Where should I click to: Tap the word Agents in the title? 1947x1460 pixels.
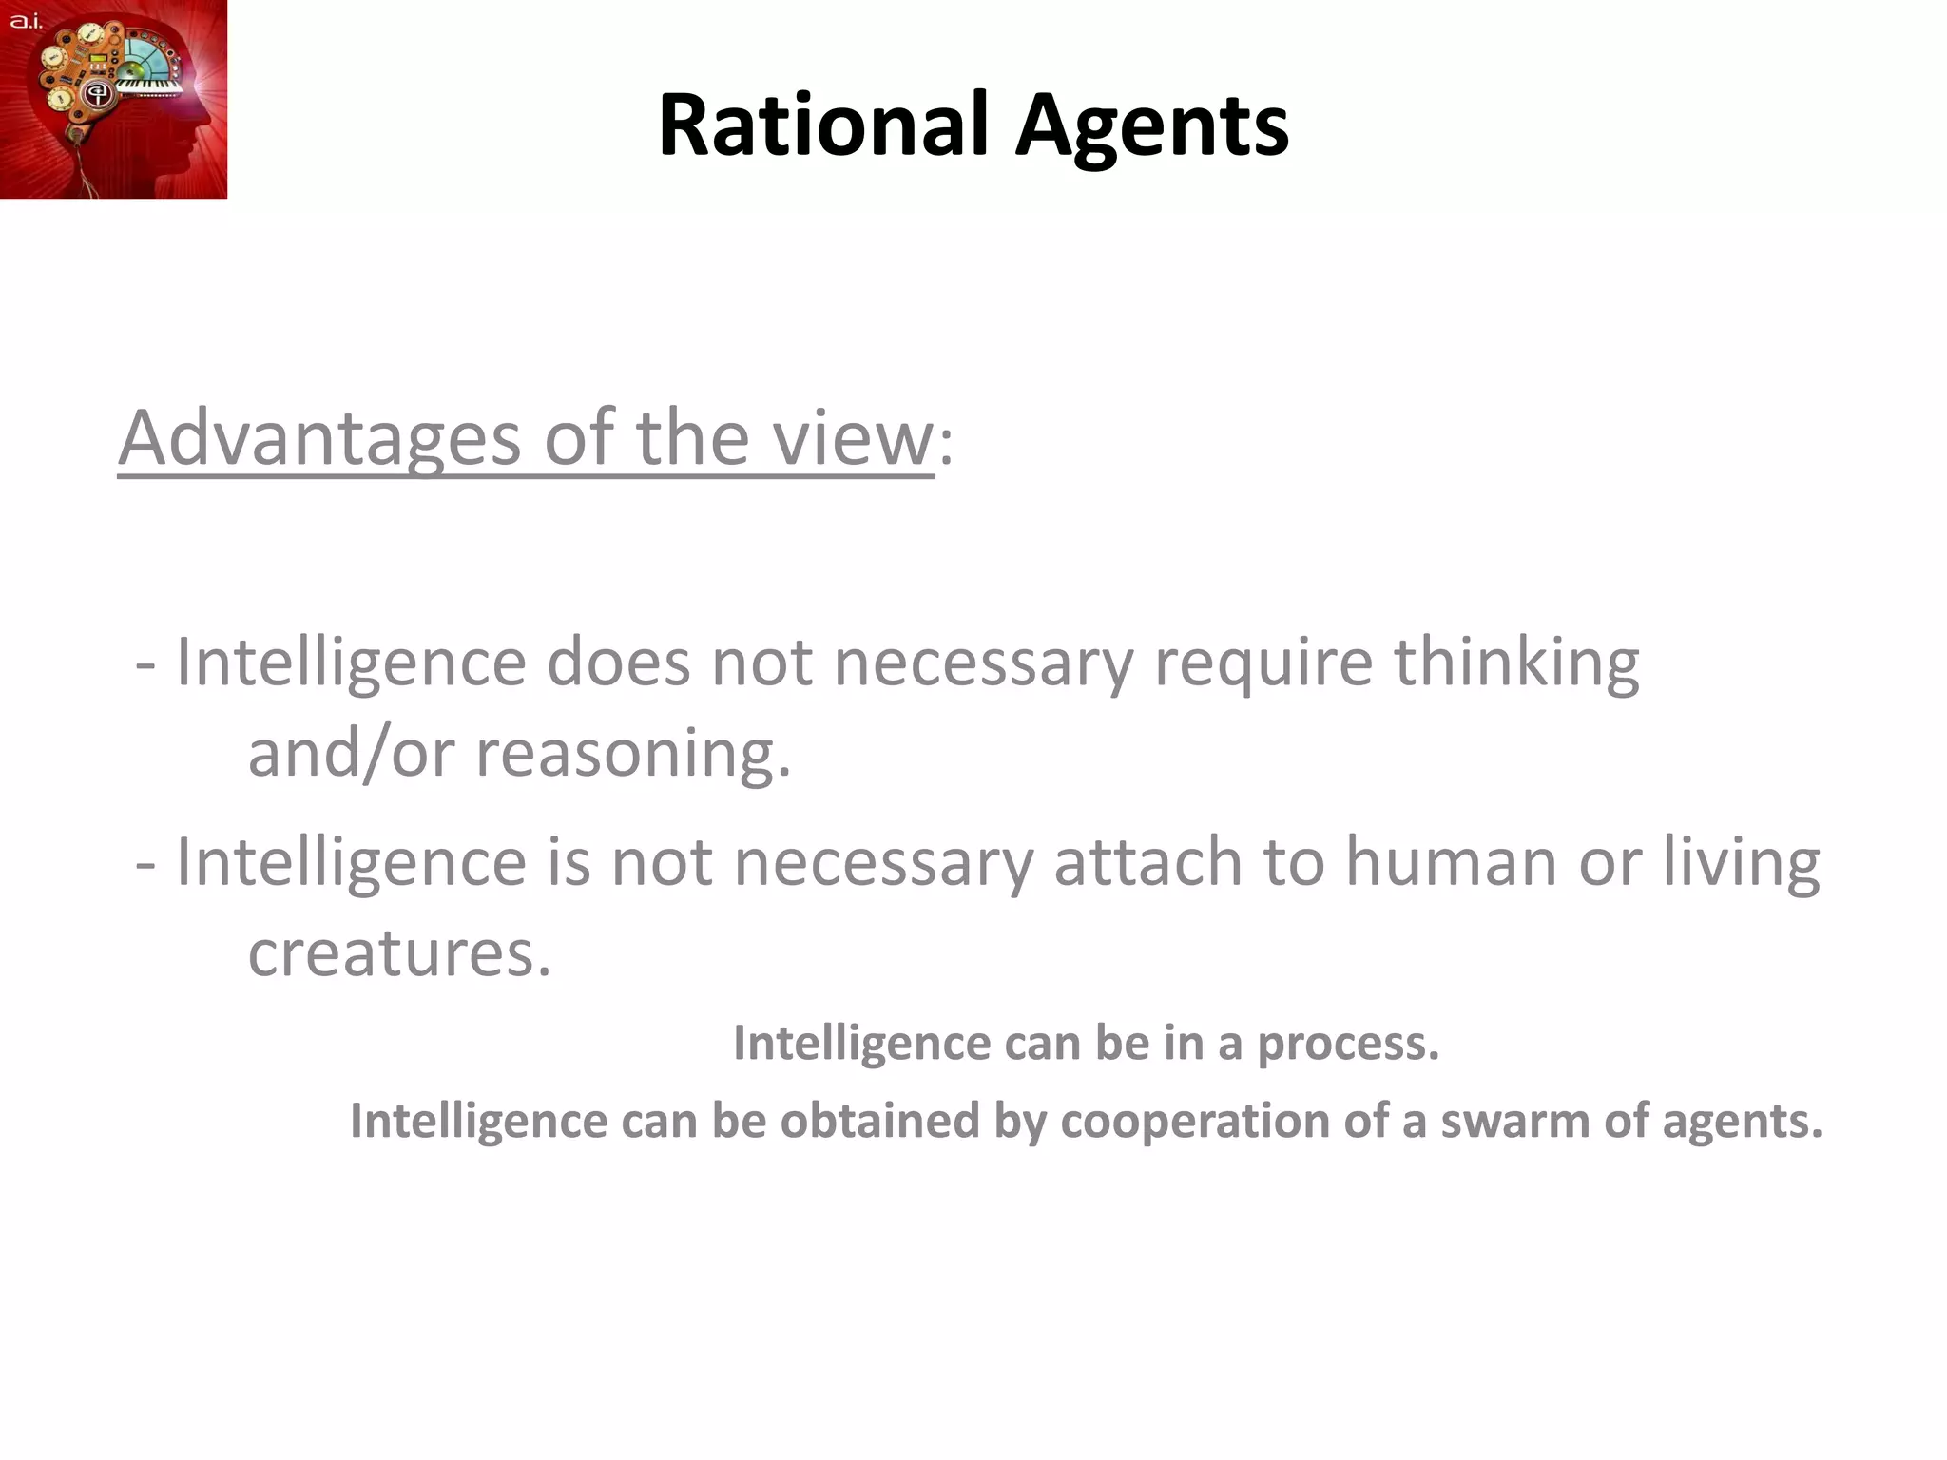1151,127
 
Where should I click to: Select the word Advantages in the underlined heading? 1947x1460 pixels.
319,438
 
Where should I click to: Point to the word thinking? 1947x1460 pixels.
1516,663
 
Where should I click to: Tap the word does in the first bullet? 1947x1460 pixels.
618,663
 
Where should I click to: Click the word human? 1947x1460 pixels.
1450,862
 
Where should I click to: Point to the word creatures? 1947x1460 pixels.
399,953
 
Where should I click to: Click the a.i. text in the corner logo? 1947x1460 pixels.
27,21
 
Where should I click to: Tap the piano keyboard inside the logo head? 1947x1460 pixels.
149,86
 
